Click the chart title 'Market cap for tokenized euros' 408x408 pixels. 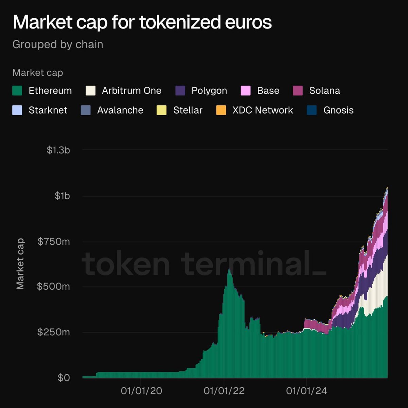click(142, 22)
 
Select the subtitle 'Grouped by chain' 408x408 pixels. click(58, 45)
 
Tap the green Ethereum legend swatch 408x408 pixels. click(17, 91)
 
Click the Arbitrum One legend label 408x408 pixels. click(132, 91)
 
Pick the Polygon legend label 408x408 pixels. click(209, 91)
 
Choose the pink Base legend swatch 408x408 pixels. click(245, 91)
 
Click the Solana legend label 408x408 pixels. click(324, 91)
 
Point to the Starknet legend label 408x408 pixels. click(48, 110)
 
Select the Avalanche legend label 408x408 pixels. click(120, 110)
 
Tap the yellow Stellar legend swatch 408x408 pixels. click(161, 110)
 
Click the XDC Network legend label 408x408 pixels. click(262, 110)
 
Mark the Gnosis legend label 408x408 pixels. click(338, 110)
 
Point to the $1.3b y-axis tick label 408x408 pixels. click(58, 150)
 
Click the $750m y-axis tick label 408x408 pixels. click(54, 241)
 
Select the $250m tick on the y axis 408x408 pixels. click(54, 332)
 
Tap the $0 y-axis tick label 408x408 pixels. click(64, 377)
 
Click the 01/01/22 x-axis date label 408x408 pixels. click(224, 391)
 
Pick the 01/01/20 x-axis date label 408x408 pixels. click(141, 391)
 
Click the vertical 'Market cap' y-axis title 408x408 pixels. click(20, 264)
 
